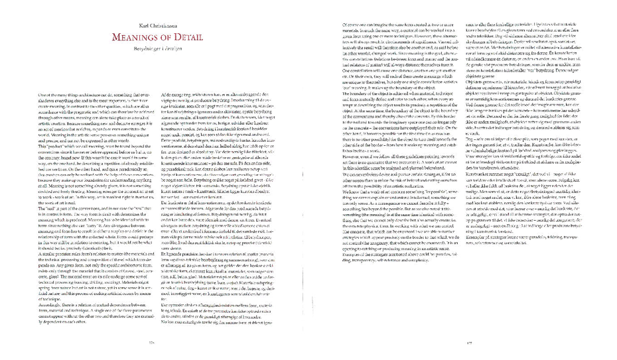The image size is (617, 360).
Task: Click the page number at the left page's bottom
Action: [151, 342]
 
